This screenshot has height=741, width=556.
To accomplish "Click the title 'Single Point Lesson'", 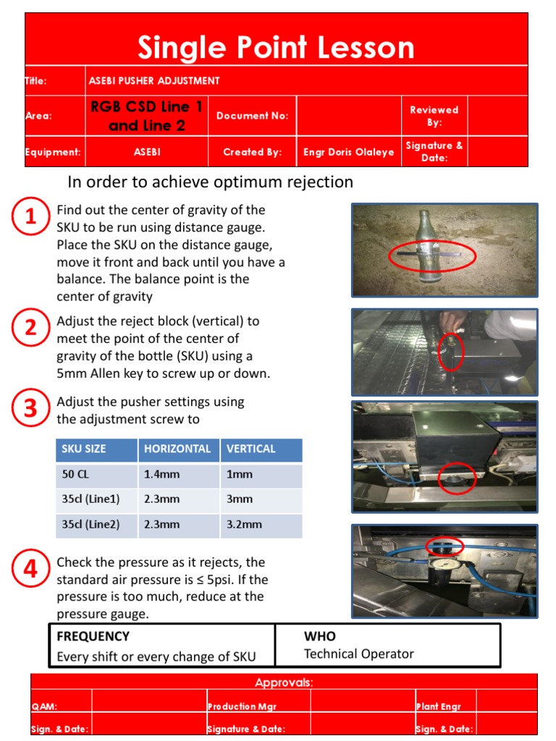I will point(276,48).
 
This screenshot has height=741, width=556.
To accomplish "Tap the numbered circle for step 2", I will point(30,329).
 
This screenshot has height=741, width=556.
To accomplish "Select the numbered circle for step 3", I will point(30,410).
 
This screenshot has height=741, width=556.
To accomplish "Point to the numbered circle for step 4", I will point(30,570).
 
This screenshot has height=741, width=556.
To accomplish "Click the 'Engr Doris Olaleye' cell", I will point(349,153).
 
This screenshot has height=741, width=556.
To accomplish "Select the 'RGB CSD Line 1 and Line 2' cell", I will point(147,116).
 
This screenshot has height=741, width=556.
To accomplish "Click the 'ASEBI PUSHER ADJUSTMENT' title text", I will point(153,81).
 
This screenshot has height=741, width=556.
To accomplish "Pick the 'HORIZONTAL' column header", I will point(177,449).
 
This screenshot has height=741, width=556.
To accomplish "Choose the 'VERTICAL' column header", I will point(251,449).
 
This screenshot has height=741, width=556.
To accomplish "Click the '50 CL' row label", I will point(75,475).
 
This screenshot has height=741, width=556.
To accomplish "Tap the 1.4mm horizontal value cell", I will point(159,475).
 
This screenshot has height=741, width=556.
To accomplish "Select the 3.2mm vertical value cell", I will point(244,524).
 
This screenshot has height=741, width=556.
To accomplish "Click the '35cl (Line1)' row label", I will point(90,499).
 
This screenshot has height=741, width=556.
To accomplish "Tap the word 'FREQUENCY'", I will point(93,636).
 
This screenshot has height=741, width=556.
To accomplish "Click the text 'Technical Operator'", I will point(358,654).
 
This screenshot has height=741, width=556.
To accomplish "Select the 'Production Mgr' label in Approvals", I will point(242,706).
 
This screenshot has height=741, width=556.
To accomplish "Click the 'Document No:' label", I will point(252,116).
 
